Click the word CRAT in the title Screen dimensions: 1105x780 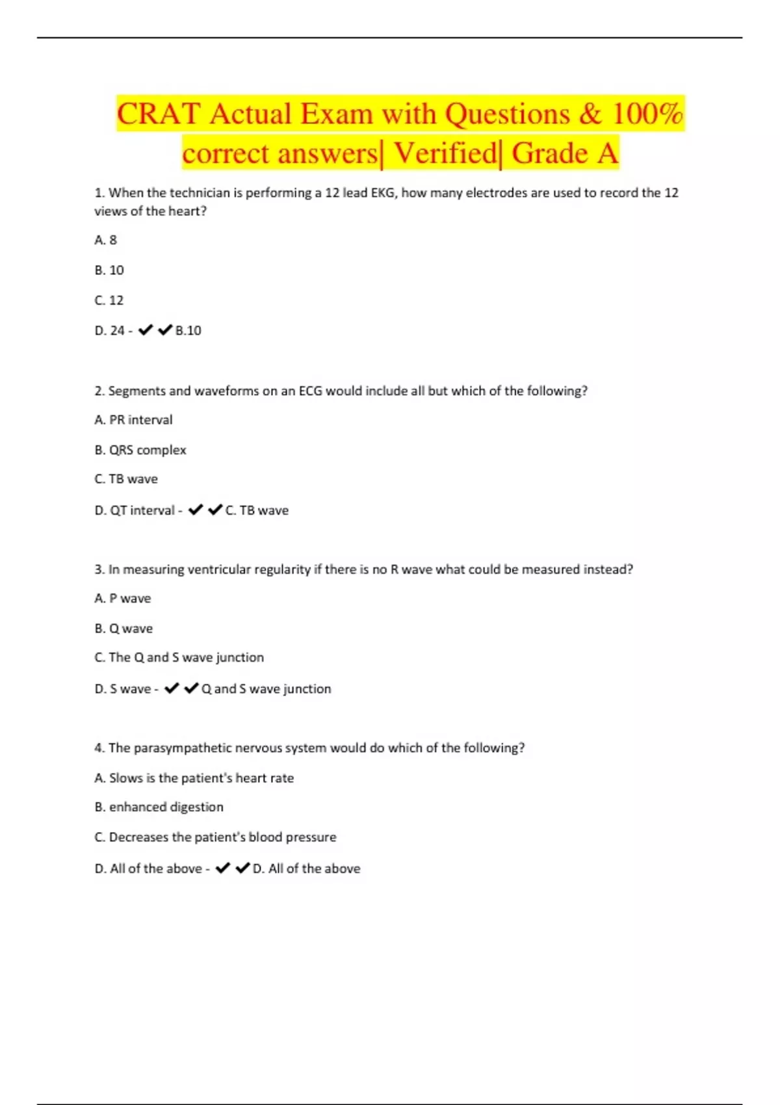click(158, 114)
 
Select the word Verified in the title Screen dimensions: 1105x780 click(445, 154)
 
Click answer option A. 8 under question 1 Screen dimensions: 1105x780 click(105, 240)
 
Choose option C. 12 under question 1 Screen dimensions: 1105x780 click(109, 300)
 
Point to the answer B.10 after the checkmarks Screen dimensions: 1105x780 click(188, 331)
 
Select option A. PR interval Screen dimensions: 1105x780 click(133, 420)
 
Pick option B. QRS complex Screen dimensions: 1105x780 click(140, 450)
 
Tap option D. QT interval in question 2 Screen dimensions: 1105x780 click(135, 511)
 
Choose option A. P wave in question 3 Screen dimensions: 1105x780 click(122, 599)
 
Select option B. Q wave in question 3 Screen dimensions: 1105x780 click(123, 629)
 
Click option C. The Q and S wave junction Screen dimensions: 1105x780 click(179, 658)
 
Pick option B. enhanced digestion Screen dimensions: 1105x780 click(159, 807)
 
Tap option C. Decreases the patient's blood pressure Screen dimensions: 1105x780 click(215, 837)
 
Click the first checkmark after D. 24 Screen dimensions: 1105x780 click(146, 330)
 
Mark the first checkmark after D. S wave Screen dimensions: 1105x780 click(172, 688)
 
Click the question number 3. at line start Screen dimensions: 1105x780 click(99, 570)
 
